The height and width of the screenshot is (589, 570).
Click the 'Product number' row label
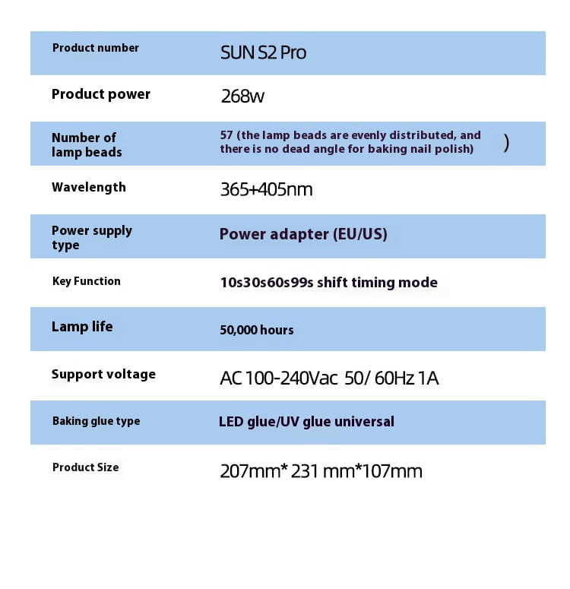tap(95, 48)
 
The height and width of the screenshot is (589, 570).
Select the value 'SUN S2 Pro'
tap(263, 53)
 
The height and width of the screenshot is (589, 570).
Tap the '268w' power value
tap(242, 97)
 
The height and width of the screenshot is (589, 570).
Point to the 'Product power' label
tap(100, 94)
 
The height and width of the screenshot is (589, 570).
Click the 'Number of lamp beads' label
tap(86, 144)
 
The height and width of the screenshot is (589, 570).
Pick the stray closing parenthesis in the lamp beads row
tap(506, 142)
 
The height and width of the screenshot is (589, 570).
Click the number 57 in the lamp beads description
tap(226, 135)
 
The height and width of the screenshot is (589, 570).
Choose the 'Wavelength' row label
tap(88, 187)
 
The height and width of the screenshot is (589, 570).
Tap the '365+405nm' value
tap(266, 189)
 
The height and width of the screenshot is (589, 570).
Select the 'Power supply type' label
tap(91, 237)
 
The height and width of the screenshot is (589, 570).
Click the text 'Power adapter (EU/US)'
tap(303, 234)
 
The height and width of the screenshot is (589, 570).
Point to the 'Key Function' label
tap(86, 281)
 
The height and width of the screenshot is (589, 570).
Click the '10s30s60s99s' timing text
tap(266, 283)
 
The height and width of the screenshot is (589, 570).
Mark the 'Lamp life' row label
tap(81, 327)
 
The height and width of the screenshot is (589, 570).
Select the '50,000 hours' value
tap(256, 330)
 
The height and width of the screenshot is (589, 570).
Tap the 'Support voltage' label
tap(103, 374)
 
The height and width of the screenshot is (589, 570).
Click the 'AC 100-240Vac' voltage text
tap(278, 378)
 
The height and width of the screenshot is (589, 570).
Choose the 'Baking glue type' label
tap(96, 421)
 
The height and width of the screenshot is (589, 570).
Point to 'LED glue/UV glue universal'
tap(306, 422)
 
